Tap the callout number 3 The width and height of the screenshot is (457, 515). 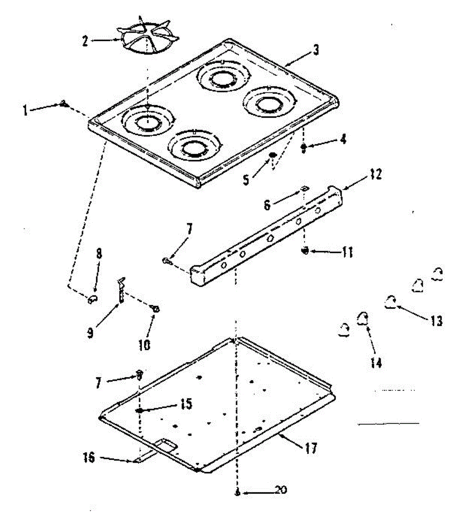pyautogui.click(x=316, y=50)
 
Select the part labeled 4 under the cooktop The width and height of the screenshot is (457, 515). pyautogui.click(x=303, y=148)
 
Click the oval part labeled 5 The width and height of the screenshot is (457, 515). pyautogui.click(x=273, y=155)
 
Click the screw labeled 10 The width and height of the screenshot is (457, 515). pyautogui.click(x=156, y=308)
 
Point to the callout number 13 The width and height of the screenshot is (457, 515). pyautogui.click(x=436, y=321)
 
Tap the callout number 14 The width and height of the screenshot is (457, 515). pyautogui.click(x=375, y=363)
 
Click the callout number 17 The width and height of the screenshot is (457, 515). pyautogui.click(x=312, y=448)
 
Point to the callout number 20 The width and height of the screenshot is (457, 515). pyautogui.click(x=280, y=490)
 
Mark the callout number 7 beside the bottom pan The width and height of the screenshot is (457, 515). pyautogui.click(x=99, y=382)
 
